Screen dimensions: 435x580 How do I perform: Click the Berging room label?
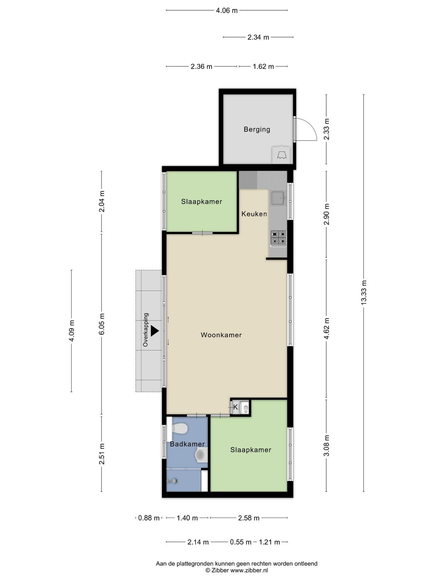coord(257,129)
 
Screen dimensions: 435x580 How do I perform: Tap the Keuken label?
coord(254,214)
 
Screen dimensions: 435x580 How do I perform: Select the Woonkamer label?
coord(221,335)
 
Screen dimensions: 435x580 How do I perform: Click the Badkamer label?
coord(187,444)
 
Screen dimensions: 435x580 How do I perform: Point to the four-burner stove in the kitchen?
coord(278,238)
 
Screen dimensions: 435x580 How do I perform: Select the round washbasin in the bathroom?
coord(201,454)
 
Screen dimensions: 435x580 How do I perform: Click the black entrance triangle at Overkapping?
coord(154,331)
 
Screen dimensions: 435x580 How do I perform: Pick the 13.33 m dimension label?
coord(364,293)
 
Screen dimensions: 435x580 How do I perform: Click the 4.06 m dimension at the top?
coord(227,11)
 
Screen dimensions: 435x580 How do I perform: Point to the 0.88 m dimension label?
coord(149,518)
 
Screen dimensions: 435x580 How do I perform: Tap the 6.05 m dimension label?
coord(102,324)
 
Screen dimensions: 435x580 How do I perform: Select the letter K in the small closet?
coord(235,407)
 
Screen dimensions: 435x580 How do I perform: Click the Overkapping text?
coord(145,330)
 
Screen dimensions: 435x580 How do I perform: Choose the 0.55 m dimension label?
coord(240,542)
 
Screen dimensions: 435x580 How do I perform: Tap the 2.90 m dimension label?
coord(327,214)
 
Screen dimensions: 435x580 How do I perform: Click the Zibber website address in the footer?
coord(249,571)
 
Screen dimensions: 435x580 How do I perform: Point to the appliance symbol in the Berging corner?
coord(281,155)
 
